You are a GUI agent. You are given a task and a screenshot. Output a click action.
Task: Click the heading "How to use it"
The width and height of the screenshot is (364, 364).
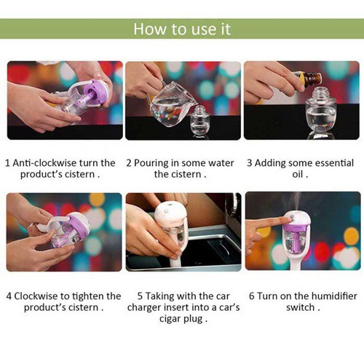[x=182, y=29]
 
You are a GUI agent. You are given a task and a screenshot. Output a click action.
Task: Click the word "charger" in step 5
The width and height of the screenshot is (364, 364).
[x=144, y=308]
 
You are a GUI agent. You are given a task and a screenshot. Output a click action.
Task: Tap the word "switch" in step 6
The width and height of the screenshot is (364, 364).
[x=300, y=307]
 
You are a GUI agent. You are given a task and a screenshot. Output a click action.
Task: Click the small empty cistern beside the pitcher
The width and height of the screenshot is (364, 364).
[x=199, y=119]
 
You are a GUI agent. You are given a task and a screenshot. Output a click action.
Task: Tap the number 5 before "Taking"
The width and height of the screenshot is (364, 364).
[x=140, y=296]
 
